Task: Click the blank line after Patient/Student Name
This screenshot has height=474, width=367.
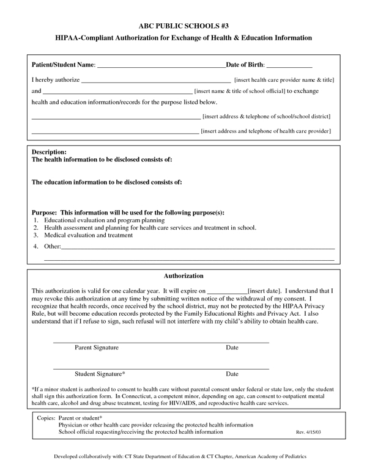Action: (161, 67)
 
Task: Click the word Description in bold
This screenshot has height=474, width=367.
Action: (48, 151)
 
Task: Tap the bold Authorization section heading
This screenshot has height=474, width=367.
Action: (183, 276)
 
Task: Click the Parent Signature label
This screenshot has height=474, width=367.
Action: (97, 348)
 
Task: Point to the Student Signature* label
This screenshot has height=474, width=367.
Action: (100, 373)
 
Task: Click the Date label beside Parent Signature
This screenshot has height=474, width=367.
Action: (232, 348)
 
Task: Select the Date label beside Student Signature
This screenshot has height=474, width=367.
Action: (232, 373)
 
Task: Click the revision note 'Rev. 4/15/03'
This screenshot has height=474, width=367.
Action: (309, 432)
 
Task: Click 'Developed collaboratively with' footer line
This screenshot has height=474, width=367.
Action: (183, 456)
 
